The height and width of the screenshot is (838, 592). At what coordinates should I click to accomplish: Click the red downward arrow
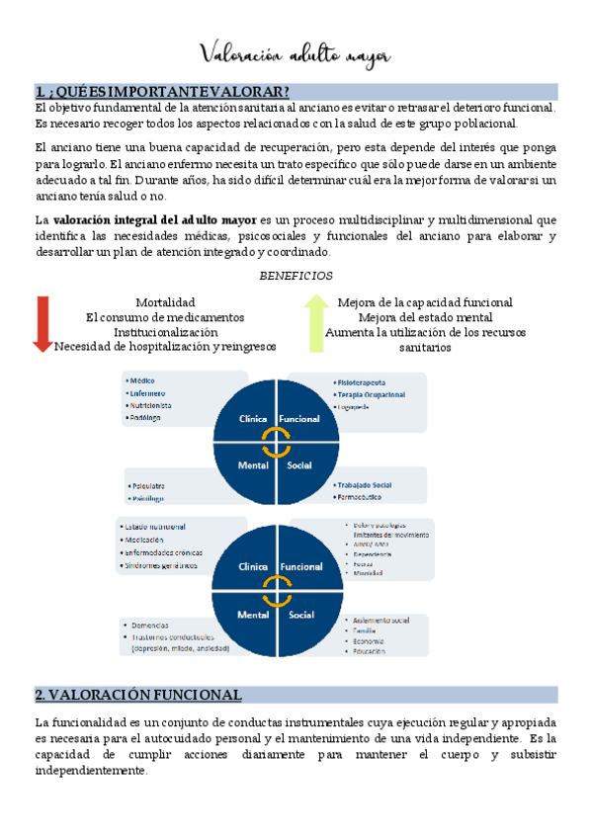(42, 322)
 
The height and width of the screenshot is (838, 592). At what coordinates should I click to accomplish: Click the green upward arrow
(315, 322)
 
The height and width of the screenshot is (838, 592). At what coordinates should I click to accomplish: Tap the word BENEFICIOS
(296, 276)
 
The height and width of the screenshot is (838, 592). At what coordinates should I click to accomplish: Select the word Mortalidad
(165, 301)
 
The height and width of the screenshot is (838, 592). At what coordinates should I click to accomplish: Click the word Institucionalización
(165, 331)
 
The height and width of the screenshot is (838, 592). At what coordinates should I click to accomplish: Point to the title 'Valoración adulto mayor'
(296, 53)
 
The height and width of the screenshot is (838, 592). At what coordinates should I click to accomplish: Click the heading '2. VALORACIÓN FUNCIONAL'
(137, 694)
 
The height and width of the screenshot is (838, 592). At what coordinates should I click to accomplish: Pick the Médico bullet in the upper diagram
(143, 380)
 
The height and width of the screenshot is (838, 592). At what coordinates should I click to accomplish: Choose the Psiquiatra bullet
(149, 486)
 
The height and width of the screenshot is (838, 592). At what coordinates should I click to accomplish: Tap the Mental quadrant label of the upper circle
(252, 464)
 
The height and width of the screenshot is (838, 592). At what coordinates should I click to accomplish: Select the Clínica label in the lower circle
(253, 567)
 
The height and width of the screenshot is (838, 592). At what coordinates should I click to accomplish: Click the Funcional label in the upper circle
(298, 419)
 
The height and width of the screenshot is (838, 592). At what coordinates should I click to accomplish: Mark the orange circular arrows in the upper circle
(276, 442)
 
